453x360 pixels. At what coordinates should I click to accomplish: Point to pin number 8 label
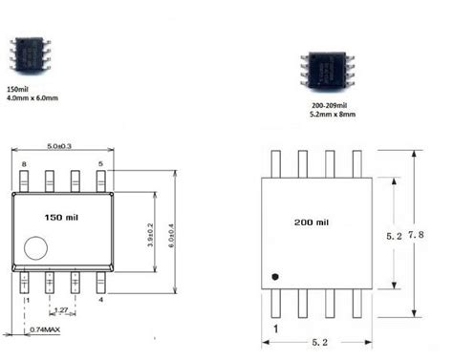(23, 164)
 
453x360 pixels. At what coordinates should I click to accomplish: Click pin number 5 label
(100, 164)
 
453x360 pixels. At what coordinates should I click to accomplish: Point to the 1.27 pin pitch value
(60, 309)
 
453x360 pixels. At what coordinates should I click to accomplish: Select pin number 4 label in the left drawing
(101, 300)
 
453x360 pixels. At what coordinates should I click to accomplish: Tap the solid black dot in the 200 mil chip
(274, 276)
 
